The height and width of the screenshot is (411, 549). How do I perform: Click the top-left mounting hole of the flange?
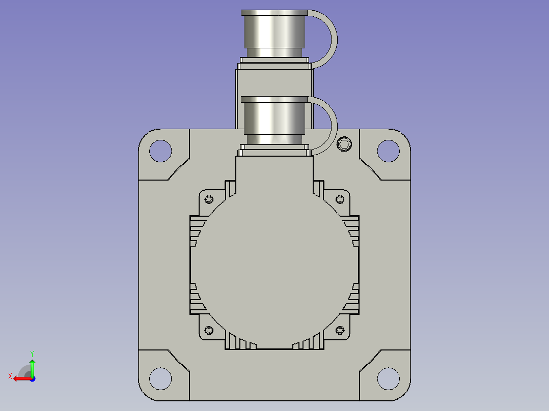160,151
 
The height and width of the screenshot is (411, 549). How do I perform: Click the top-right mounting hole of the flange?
388,151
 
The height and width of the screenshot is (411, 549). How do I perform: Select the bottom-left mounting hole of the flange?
160,378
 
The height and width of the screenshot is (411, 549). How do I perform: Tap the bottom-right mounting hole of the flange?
388,378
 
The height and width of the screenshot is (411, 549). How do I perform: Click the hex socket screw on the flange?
344,144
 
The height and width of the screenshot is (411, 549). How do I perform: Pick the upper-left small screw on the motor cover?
209,199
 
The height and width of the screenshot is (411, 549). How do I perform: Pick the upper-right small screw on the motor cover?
340,199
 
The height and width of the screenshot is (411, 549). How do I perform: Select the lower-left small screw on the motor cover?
209,330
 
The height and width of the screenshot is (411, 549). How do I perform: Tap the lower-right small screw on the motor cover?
340,330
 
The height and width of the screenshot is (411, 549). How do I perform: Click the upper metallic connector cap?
274,33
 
